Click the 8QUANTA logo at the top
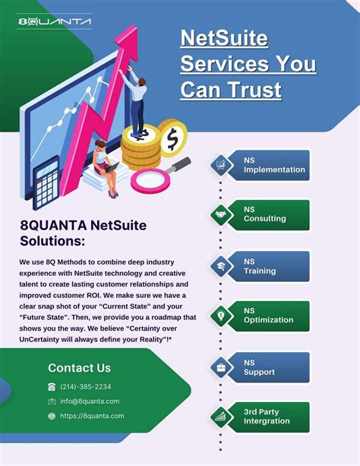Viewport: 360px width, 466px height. coord(54,22)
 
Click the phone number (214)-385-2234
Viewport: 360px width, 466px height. coord(85,386)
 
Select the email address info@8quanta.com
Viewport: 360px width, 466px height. coord(89,401)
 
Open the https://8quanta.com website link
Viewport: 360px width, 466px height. coord(91,416)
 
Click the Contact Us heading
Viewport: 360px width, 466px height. coord(79,368)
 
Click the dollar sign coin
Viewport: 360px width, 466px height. coord(173,139)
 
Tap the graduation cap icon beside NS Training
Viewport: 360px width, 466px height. coord(221,266)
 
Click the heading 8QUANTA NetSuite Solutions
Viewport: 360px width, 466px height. coord(83,233)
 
